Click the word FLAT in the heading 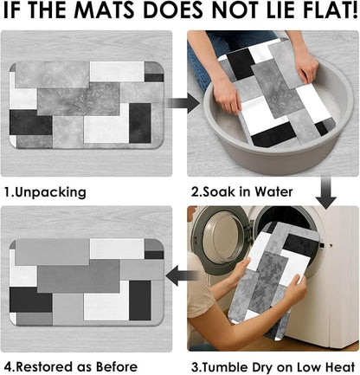pos(324,10)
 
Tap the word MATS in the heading pos(106,10)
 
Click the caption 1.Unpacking pos(45,192)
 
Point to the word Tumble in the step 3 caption pos(224,367)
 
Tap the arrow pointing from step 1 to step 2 pos(183,102)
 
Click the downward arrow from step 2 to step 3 pos(325,193)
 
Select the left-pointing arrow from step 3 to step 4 pos(183,276)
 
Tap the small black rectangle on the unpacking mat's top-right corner pos(154,78)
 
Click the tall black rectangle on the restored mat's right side pos(140,301)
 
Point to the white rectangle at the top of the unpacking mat pos(117,71)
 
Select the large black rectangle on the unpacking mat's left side pos(31,122)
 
